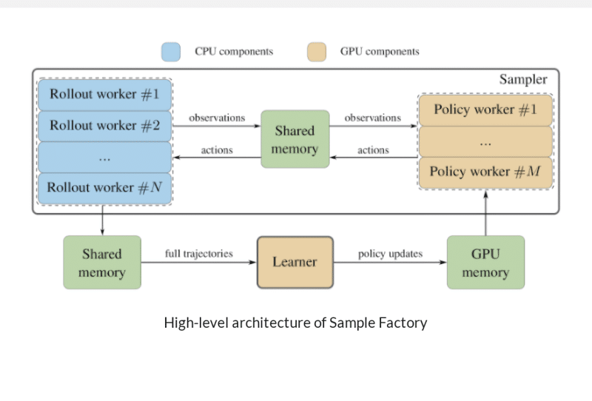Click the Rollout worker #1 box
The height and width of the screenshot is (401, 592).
(104, 95)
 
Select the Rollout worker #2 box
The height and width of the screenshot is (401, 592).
(104, 126)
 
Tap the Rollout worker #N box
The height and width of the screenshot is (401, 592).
(104, 187)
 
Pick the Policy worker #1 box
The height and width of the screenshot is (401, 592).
(485, 110)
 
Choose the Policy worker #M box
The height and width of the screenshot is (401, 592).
(485, 172)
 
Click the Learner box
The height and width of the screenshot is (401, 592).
(295, 262)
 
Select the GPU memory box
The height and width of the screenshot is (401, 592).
(485, 263)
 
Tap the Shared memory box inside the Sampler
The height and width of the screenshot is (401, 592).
(295, 140)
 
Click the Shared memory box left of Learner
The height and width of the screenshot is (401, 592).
(102, 263)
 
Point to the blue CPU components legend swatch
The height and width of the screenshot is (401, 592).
(171, 52)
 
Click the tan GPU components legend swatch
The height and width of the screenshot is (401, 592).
(316, 52)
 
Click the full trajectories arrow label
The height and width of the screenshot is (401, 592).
(198, 254)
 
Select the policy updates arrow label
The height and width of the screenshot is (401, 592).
(390, 254)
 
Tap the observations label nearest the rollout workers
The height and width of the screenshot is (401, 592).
(217, 118)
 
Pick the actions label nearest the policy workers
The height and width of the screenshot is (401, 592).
(373, 150)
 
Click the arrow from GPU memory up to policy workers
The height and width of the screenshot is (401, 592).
(485, 213)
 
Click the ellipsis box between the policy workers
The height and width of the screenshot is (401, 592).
(485, 141)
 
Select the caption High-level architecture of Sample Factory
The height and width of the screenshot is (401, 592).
(295, 323)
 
